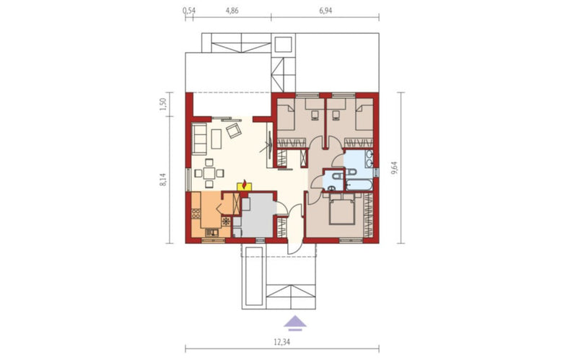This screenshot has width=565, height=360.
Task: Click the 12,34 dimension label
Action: pyautogui.click(x=282, y=342)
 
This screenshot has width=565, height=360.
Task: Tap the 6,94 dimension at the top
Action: pyautogui.click(x=325, y=10)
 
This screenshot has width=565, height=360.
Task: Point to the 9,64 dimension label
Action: pyautogui.click(x=394, y=168)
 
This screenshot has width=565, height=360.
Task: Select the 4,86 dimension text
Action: pyautogui.click(x=232, y=10)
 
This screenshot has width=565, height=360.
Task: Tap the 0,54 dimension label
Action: pyautogui.click(x=189, y=10)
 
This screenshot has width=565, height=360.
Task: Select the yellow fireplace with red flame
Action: pyautogui.click(x=245, y=185)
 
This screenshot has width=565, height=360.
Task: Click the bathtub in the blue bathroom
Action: pyautogui.click(x=359, y=185)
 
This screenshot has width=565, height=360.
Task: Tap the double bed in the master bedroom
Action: pyautogui.click(x=342, y=210)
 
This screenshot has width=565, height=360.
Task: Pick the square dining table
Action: pyautogui.click(x=209, y=173)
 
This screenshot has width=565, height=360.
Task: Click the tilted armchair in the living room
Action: pyautogui.click(x=234, y=131)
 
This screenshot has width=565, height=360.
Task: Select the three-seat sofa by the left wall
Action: pyautogui.click(x=199, y=139)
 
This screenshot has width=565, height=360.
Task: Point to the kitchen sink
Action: pyautogui.click(x=212, y=233)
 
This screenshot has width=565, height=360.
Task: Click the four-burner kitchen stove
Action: pyautogui.click(x=196, y=214)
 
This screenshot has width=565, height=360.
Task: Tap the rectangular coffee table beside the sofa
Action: pyautogui.click(x=216, y=139)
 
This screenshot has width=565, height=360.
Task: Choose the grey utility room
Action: pyautogui.click(x=257, y=216)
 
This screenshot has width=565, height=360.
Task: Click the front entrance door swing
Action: pyautogui.click(x=292, y=247)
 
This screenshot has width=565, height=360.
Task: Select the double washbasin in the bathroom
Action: pyautogui.click(x=369, y=159)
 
